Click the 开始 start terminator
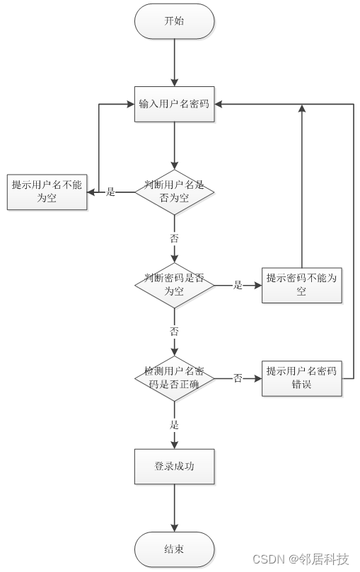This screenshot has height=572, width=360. pos(174,21)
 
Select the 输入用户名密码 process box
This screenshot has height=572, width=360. pos(174,104)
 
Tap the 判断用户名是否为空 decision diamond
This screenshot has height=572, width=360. pos(174,191)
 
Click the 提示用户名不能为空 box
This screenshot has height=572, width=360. pos(47,192)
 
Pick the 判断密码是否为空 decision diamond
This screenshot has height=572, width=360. pos(174,285)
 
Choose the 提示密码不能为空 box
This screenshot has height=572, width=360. pos(302,285)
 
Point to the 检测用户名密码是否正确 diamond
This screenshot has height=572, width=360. pos(174,378)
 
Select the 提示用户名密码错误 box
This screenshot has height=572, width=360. pos(302,378)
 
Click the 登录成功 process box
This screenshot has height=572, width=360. pos(174,467)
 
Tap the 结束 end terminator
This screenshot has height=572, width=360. pos(174,549)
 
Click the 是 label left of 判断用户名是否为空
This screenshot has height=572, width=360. pos(110,192)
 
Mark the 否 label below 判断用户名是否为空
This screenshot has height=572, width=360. pos(174,238)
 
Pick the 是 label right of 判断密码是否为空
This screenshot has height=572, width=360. pos(238,285)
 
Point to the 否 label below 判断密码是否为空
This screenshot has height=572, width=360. pos(174,332)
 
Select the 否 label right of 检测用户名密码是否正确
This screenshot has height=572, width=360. pos(238,378)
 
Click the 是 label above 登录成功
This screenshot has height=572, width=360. pos(174,425)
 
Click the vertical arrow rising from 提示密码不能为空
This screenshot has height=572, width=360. pos(302,184)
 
